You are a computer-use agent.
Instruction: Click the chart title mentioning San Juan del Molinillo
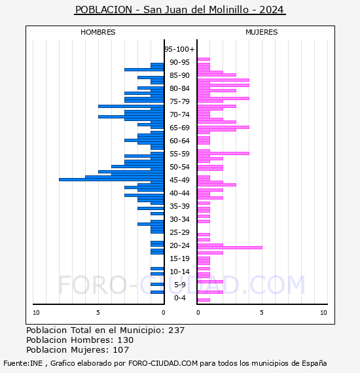click(x=179, y=10)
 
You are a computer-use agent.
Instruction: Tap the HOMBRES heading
click(x=98, y=32)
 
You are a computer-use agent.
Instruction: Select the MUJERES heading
click(x=262, y=32)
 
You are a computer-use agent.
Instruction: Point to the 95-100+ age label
click(x=179, y=49)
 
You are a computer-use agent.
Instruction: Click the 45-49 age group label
click(x=179, y=180)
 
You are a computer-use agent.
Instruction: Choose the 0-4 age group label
click(x=179, y=298)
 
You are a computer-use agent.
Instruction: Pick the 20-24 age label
click(x=179, y=245)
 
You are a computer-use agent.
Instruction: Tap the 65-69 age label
click(x=179, y=128)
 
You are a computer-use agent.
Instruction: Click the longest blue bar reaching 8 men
click(x=111, y=179)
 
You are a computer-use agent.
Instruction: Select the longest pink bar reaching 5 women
click(x=230, y=247)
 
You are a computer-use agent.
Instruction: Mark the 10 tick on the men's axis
click(x=36, y=312)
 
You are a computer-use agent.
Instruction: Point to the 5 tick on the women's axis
click(x=262, y=312)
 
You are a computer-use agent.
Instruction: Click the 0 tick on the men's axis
click(x=164, y=312)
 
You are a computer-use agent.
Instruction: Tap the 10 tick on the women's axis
click(x=323, y=312)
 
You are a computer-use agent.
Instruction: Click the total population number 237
click(x=176, y=330)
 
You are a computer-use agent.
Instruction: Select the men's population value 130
click(x=126, y=340)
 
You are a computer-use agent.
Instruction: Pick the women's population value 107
click(x=121, y=349)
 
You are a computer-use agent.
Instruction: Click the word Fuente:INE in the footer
click(x=23, y=363)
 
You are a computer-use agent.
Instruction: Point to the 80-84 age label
click(x=179, y=88)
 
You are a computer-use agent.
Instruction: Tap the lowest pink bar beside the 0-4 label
click(x=204, y=300)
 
